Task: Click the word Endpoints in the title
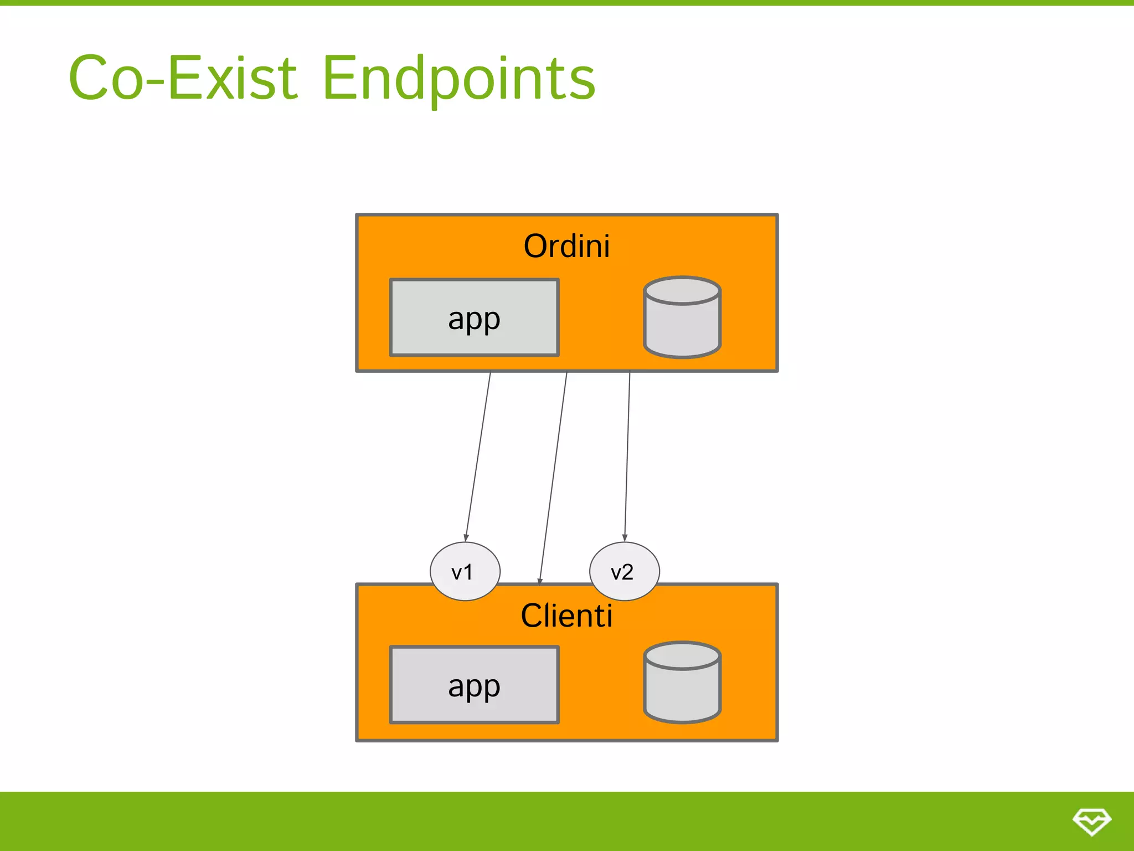point(458,79)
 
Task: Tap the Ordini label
point(566,246)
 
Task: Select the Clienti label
point(566,616)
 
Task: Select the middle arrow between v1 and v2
point(553,476)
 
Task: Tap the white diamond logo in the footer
point(1091,821)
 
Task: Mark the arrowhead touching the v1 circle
point(466,537)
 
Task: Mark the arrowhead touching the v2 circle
point(625,537)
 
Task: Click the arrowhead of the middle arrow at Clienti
point(540,581)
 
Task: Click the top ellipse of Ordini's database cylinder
point(682,290)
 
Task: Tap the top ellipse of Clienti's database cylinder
point(682,656)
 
